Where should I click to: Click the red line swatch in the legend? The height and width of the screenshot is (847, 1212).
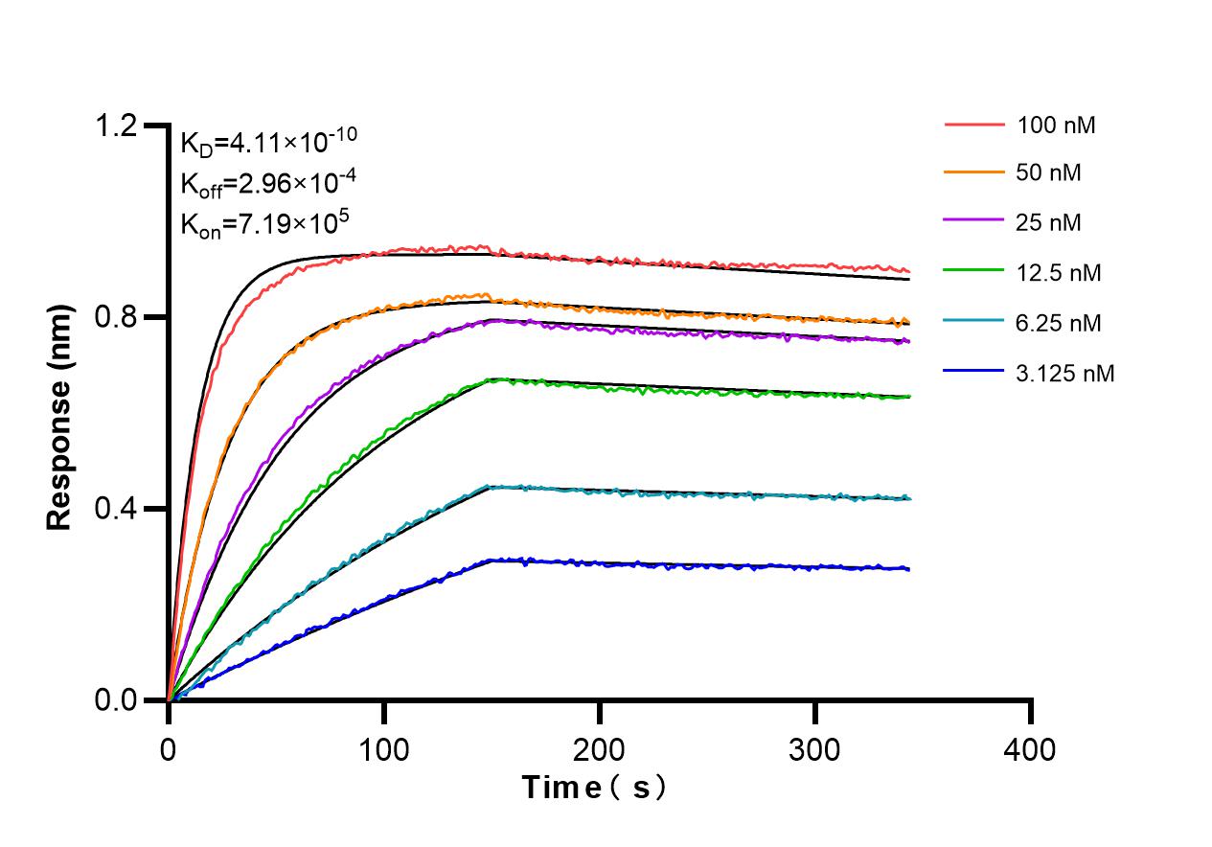pos(974,126)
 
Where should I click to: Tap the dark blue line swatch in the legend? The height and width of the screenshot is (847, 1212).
pos(974,374)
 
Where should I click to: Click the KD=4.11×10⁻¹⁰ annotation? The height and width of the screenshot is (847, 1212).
pos(268,143)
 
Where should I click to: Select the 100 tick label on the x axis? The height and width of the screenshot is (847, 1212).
pos(384,749)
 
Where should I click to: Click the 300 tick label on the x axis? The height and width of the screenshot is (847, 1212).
pos(815,749)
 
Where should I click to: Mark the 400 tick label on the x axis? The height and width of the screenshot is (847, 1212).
pos(1031,749)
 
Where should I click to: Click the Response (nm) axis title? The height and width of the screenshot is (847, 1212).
pos(60,417)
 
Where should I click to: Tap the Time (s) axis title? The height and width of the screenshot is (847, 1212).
pos(595,789)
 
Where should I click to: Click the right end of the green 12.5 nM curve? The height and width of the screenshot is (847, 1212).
pos(907,396)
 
